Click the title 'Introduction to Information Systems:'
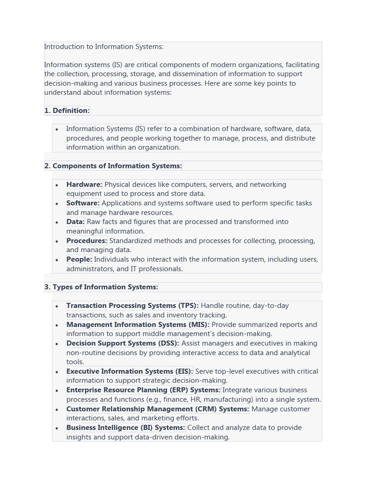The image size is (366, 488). pyautogui.click(x=104, y=47)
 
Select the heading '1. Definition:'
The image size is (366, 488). pyautogui.click(x=67, y=111)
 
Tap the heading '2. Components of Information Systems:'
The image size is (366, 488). pyautogui.click(x=113, y=166)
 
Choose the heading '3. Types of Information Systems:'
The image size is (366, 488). pyautogui.click(x=101, y=287)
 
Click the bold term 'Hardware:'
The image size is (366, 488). pyautogui.click(x=84, y=184)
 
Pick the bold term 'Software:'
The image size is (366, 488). pyautogui.click(x=83, y=203)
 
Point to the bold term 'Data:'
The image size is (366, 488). pyautogui.click(x=75, y=222)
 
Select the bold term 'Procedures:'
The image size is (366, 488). pyautogui.click(x=87, y=241)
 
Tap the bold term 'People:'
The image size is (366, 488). pyautogui.click(x=79, y=259)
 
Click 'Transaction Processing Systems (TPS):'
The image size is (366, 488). pyautogui.click(x=132, y=305)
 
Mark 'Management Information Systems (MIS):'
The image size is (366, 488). pyautogui.click(x=138, y=325)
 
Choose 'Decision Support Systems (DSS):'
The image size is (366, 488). pyautogui.click(x=122, y=343)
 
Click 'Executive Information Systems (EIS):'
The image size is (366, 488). pyautogui.click(x=130, y=371)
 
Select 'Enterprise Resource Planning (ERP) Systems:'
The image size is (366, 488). pyautogui.click(x=143, y=390)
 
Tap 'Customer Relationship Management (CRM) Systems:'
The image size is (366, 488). pyautogui.click(x=157, y=409)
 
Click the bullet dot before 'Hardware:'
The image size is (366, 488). pyautogui.click(x=57, y=185)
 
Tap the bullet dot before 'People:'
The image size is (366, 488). pyautogui.click(x=57, y=260)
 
